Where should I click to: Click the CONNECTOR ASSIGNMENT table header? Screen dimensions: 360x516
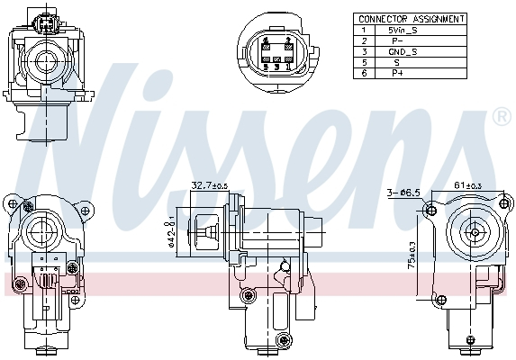pyautogui.click(x=411, y=18)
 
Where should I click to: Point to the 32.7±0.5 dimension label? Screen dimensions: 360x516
pyautogui.click(x=209, y=185)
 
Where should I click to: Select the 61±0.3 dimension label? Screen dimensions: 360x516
pyautogui.click(x=468, y=184)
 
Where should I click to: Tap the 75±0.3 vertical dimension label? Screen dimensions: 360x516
pyautogui.click(x=413, y=259)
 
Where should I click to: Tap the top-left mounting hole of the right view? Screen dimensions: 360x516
pyautogui.click(x=431, y=211)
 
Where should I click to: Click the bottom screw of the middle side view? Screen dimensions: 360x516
pyautogui.click(x=285, y=339)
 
